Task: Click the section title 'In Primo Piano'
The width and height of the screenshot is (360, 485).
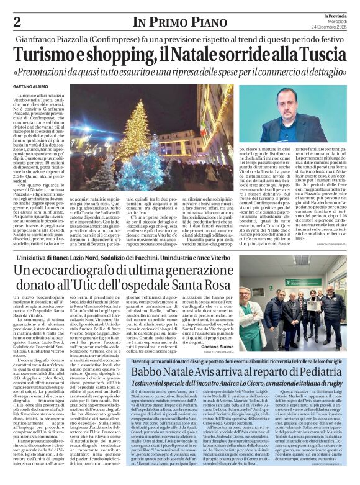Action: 179,20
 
